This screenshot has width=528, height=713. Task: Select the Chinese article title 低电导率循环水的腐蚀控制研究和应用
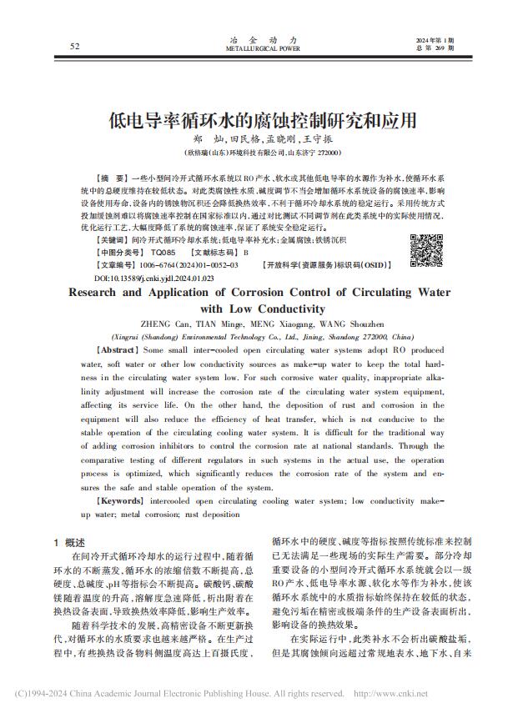tap(263, 119)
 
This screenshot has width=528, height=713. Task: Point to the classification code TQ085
tap(163, 251)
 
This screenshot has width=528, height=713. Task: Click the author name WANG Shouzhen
tap(350, 323)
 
